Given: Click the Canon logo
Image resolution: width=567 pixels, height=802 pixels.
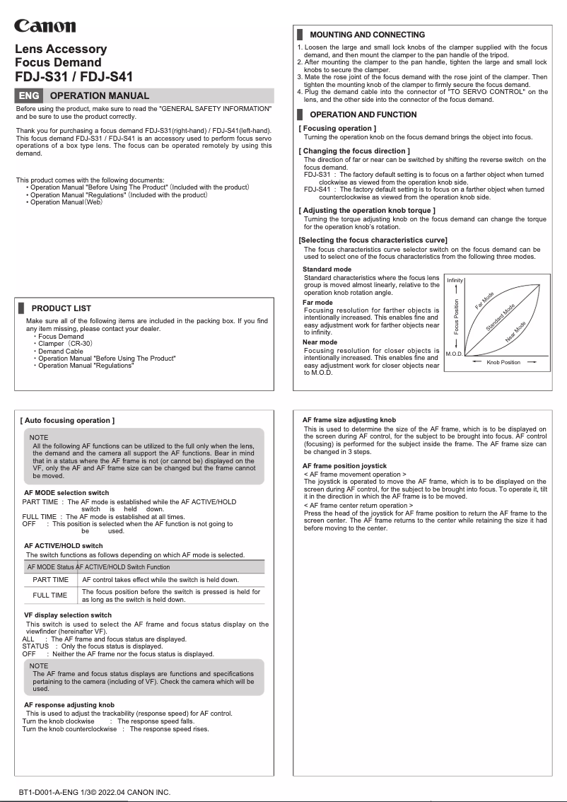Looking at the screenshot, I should (x=45, y=25).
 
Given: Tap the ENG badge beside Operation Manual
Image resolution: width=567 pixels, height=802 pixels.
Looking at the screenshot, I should (x=29, y=95).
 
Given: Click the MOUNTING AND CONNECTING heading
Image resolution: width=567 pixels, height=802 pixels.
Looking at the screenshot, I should (x=367, y=35).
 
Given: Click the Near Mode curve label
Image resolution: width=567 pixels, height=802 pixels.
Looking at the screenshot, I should (x=515, y=332).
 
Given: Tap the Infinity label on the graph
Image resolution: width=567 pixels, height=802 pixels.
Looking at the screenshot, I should (x=455, y=281).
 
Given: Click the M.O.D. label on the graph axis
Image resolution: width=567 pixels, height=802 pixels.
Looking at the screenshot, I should (x=454, y=352).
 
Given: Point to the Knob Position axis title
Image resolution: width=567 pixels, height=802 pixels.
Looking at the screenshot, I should (x=503, y=362).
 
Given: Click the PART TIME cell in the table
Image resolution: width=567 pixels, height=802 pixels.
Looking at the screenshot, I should (x=51, y=580).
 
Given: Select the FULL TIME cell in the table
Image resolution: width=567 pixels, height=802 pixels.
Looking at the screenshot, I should (x=51, y=595).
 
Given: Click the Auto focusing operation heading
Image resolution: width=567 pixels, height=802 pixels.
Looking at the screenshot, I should (x=67, y=421).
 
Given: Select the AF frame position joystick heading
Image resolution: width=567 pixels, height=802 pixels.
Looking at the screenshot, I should (x=344, y=466).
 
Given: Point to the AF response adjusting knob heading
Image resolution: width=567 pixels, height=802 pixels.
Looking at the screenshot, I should (x=69, y=705).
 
